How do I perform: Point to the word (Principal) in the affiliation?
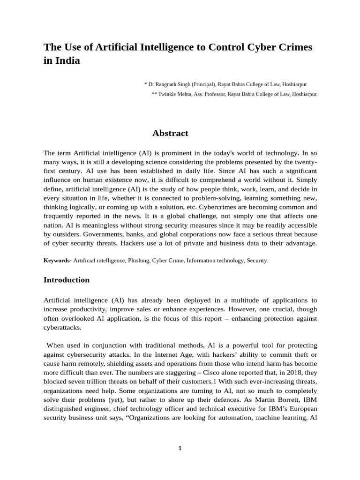203,84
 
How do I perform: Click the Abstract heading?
170,133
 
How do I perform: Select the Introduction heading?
67,280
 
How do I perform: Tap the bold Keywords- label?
58,260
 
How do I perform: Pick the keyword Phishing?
138,260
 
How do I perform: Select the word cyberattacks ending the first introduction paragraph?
62,328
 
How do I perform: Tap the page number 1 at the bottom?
180,449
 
